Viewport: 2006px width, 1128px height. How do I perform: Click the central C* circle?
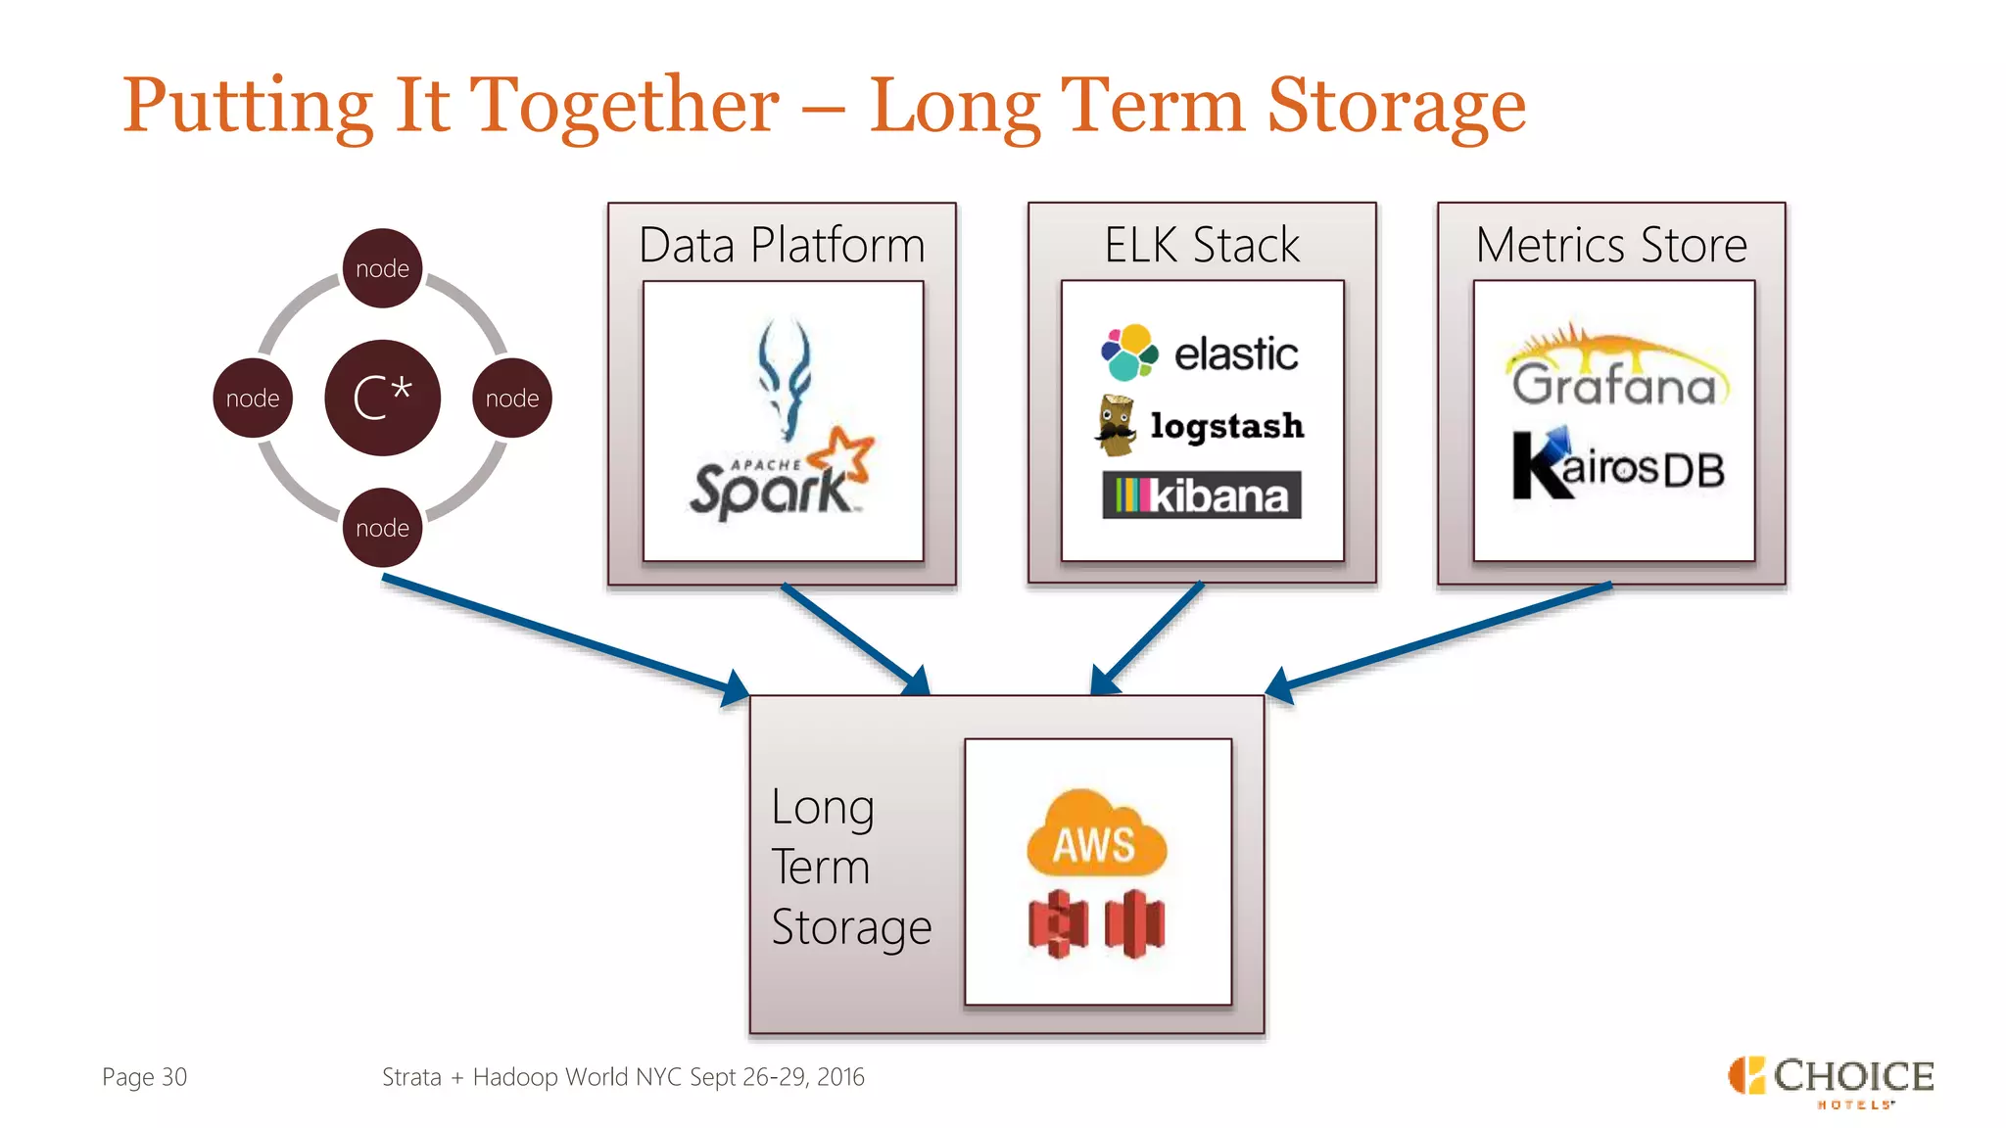(x=382, y=398)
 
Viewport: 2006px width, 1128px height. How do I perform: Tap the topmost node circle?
(x=382, y=268)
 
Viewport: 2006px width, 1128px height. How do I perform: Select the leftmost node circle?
(x=253, y=398)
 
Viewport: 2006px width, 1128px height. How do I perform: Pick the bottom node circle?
(x=382, y=528)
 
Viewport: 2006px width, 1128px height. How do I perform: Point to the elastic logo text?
(x=1236, y=353)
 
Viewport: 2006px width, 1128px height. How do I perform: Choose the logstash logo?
(x=1201, y=426)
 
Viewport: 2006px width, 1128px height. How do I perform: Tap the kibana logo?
(x=1202, y=495)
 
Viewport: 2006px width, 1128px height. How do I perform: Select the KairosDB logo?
(x=1618, y=466)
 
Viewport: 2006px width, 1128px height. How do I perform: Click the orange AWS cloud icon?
(x=1096, y=835)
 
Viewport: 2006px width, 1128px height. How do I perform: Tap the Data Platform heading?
(x=782, y=245)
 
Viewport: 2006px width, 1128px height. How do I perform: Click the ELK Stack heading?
(x=1202, y=245)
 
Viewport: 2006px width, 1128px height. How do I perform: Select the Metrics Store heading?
(x=1611, y=245)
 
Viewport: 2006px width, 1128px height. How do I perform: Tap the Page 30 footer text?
(x=144, y=1077)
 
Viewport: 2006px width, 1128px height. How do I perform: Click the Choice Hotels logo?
(x=1831, y=1081)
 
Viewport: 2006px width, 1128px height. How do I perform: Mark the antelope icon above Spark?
(x=785, y=377)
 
